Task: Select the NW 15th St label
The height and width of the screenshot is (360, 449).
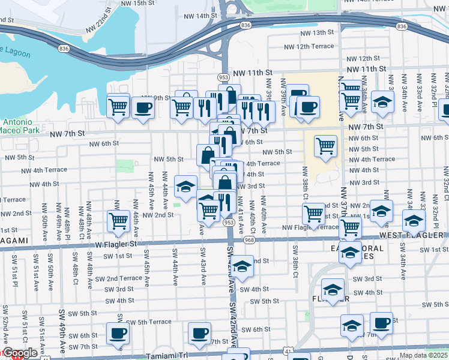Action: coord(138,3)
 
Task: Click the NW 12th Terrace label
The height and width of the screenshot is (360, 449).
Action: coord(309,46)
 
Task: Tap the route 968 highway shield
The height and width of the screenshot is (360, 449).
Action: coord(250,240)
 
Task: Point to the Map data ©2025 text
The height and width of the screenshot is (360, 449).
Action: coord(423,355)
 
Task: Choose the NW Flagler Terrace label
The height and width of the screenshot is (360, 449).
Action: coord(310,227)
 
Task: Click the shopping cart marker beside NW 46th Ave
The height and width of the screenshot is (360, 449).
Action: coord(118,221)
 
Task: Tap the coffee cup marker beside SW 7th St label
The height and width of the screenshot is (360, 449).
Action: coord(199,332)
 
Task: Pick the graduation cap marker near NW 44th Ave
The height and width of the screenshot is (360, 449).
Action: coord(185,186)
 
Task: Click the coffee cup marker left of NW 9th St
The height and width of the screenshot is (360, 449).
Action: coord(143,108)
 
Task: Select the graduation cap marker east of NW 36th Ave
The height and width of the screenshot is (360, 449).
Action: coord(382,102)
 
